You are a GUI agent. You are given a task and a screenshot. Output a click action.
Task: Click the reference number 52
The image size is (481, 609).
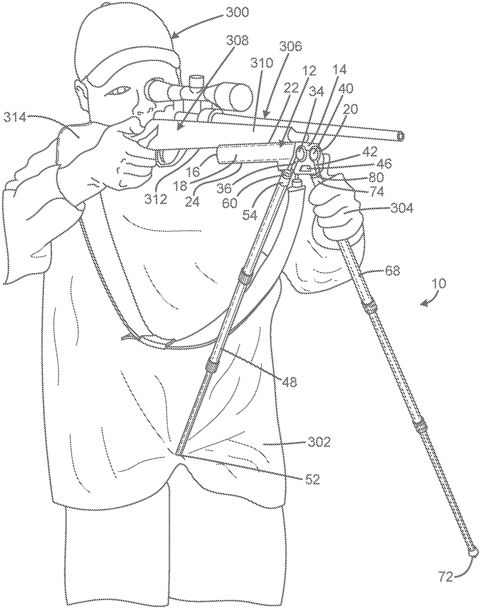tap(312, 479)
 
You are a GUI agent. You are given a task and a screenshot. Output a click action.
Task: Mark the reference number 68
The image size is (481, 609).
tap(390, 270)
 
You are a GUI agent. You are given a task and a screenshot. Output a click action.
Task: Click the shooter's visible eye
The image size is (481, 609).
tap(117, 90)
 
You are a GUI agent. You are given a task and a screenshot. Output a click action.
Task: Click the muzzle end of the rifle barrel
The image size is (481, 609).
tap(402, 136)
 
